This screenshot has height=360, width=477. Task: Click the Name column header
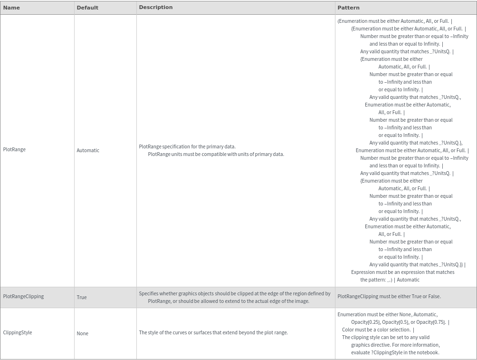point(11,8)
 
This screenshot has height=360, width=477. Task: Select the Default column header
point(87,8)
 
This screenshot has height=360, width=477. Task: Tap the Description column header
point(155,8)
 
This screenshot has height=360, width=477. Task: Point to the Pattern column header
point(348,8)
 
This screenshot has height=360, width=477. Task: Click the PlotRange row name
point(14,149)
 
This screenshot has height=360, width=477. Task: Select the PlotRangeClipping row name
point(23,296)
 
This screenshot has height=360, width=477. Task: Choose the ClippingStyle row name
point(18,332)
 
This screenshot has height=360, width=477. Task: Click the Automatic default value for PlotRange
point(88,150)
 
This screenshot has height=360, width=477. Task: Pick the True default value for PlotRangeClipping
point(82,297)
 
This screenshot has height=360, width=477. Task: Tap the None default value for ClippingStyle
point(82,333)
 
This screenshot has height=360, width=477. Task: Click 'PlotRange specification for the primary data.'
point(187,146)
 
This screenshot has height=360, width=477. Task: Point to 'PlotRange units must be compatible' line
point(216,154)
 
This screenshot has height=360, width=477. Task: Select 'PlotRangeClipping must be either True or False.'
point(389,296)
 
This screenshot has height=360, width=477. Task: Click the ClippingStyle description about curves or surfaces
point(213,332)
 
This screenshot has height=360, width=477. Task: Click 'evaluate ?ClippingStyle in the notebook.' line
point(395,352)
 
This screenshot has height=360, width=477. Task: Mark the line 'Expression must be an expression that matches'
point(402,272)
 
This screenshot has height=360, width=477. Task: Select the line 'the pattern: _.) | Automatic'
point(390,280)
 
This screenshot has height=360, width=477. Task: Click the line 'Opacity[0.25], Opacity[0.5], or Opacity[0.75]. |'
point(400,322)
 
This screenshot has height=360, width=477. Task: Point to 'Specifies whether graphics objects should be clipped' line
point(234,293)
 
